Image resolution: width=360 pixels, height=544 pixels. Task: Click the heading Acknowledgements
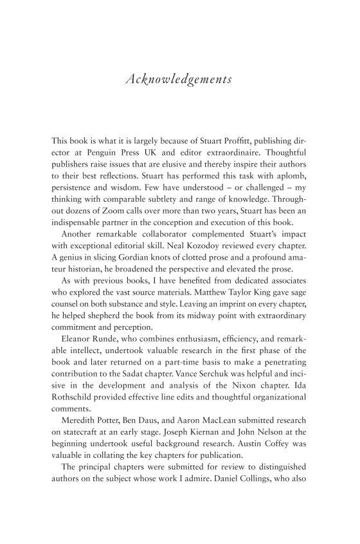pyautogui.click(x=179, y=80)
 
